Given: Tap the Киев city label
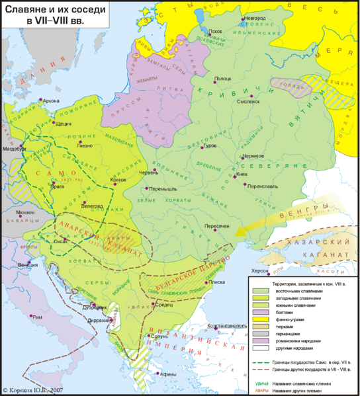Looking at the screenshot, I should click(x=242, y=175).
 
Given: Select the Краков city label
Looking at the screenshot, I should click(x=120, y=180).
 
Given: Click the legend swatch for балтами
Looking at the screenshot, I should click(x=261, y=311).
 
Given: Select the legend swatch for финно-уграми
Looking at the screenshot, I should click(x=261, y=319).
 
